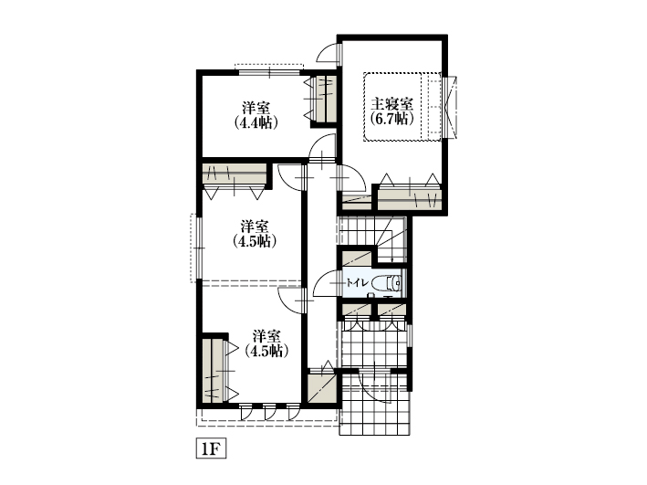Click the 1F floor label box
pos(211,449)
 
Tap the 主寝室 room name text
pos(391,104)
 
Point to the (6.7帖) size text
pos(391,119)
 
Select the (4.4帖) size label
pos(256,122)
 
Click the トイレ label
pos(358,283)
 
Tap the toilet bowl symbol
pos(386,283)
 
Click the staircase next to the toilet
pos(373,238)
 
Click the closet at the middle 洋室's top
pos(234,174)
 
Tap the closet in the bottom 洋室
pos(213,370)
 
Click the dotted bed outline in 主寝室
pos(402,107)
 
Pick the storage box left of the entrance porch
pos(321,388)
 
